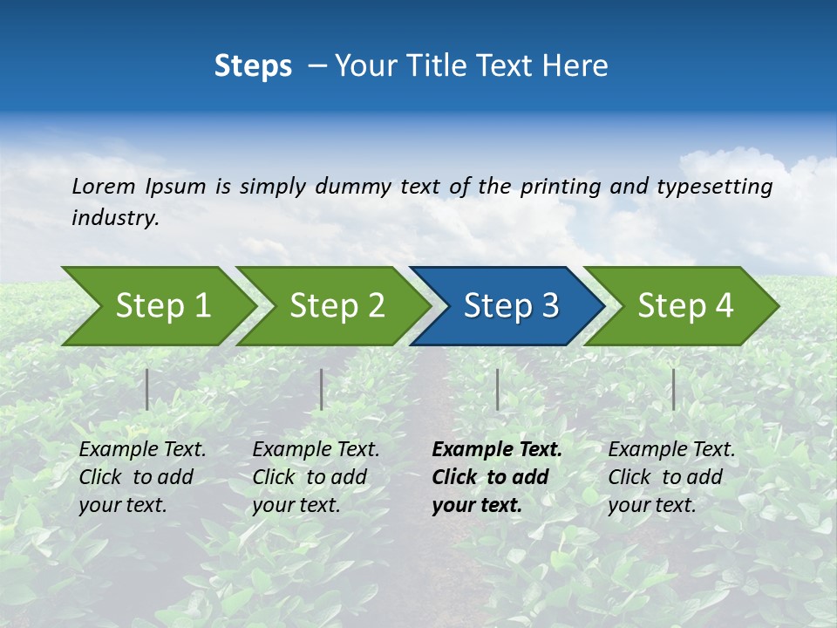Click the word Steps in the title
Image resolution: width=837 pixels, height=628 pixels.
253,66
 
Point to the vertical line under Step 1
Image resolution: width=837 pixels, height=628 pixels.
147,389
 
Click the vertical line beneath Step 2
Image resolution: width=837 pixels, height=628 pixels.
322,389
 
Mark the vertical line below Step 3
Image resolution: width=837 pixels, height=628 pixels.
497,389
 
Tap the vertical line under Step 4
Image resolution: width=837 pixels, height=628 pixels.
673,389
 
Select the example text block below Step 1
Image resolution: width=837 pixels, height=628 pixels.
142,477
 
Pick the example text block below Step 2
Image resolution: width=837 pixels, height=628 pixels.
316,477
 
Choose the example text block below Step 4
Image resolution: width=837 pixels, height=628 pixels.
671,477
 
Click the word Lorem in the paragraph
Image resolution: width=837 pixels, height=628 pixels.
104,187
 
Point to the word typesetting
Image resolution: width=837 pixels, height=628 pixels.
714,187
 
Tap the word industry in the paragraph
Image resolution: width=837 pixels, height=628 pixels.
115,218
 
